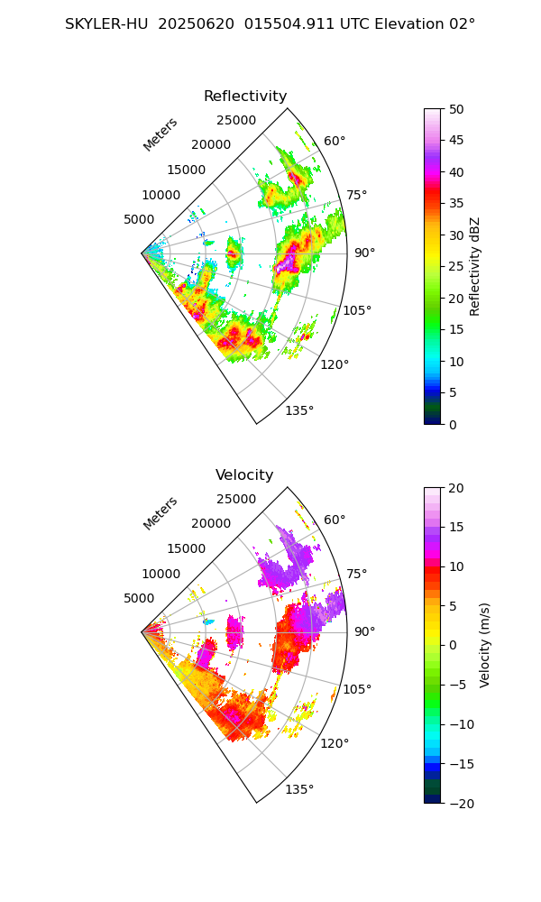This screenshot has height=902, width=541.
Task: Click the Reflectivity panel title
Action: (245, 97)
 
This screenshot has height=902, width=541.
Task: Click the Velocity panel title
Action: (244, 475)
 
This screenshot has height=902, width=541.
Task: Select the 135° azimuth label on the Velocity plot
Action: (299, 789)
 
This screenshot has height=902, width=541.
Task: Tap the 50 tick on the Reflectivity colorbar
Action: (457, 109)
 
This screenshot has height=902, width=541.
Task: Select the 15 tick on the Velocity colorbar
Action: (456, 527)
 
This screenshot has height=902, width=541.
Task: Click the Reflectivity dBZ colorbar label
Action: (475, 266)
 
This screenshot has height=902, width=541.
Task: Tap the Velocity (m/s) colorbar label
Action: (484, 645)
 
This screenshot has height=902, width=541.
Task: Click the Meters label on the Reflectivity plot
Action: (160, 134)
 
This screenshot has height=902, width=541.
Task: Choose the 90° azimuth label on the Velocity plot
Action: (364, 631)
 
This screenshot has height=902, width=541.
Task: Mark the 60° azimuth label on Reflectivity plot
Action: (335, 142)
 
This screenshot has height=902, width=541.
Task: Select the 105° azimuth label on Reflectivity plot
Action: (357, 310)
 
